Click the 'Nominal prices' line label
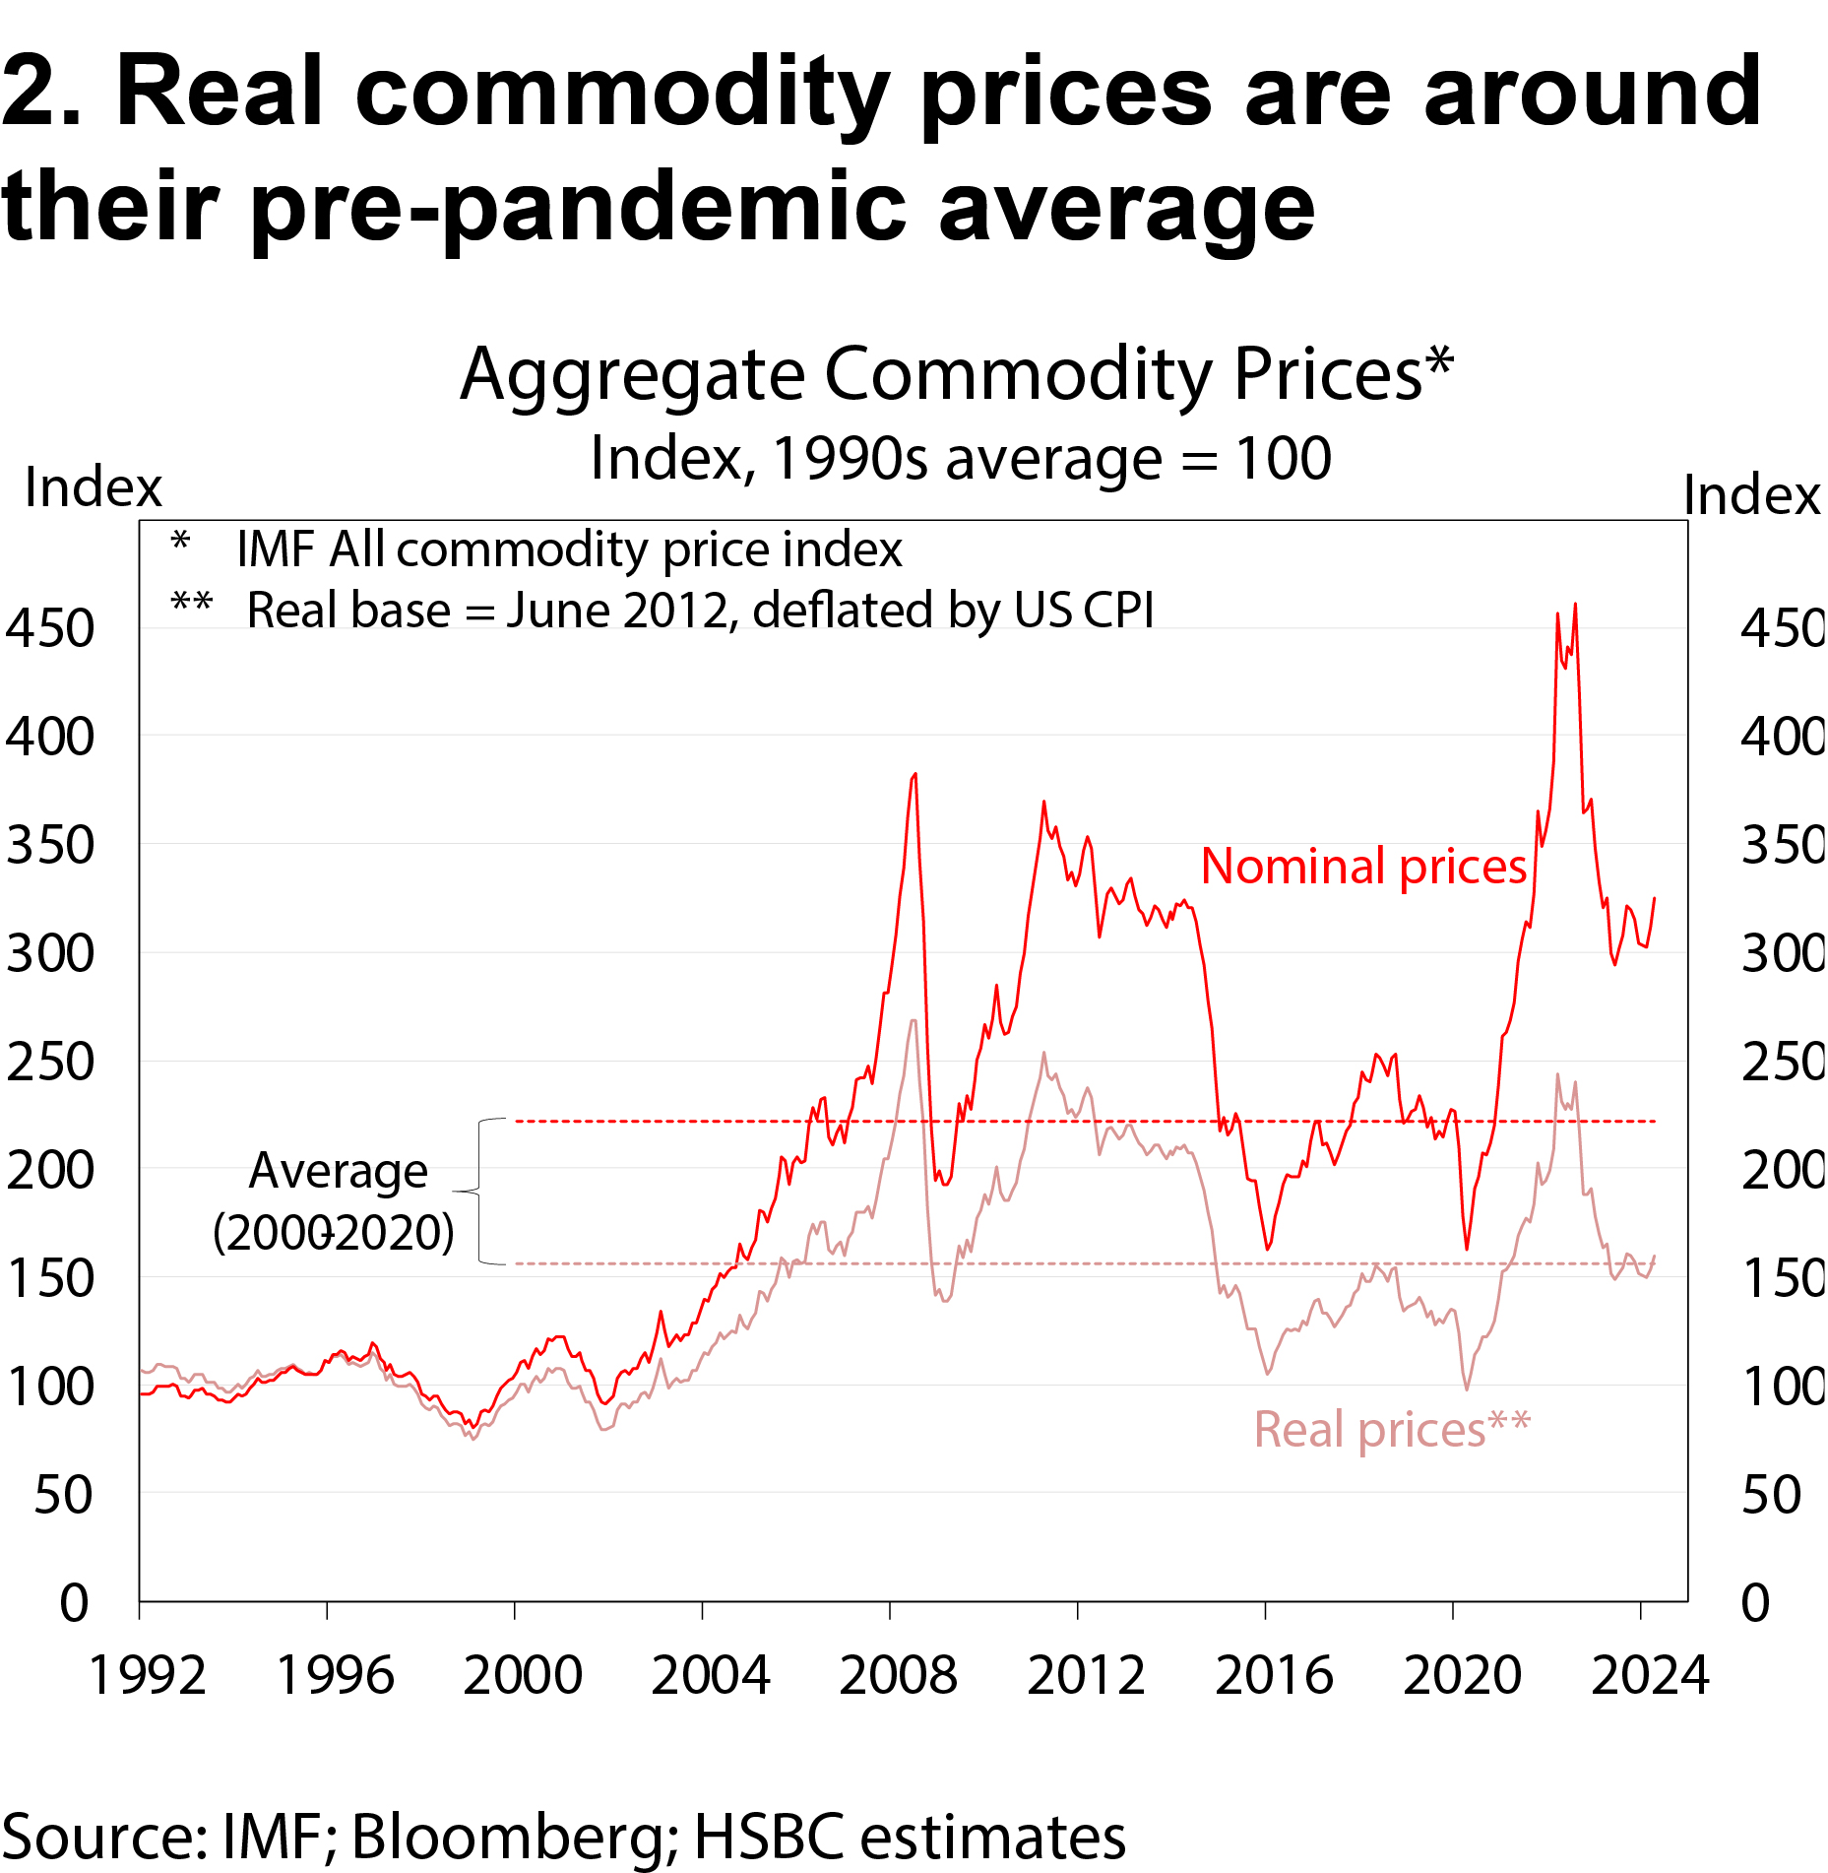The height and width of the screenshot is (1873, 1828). coord(1363,867)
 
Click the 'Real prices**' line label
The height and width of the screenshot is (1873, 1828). coord(1391,1429)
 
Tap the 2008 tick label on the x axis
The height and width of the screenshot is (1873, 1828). coord(898,1675)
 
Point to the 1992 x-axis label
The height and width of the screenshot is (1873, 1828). coord(147,1675)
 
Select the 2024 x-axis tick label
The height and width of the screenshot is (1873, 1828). coord(1650,1675)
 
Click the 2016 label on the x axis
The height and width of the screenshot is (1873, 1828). coord(1274,1675)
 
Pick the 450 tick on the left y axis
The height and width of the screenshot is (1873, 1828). coord(50,628)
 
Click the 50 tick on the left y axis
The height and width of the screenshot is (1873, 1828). coord(63,1495)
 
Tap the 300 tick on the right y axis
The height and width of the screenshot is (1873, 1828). coord(1783,953)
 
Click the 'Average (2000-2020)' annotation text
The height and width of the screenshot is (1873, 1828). coord(335,1201)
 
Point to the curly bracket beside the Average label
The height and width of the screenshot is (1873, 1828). coord(480,1193)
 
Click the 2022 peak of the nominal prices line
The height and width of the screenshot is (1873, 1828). coord(1575,605)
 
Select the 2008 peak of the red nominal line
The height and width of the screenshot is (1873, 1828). coord(915,774)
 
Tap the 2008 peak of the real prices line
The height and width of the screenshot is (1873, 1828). coord(914,1020)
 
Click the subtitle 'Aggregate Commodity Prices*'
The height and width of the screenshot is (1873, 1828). coord(956,375)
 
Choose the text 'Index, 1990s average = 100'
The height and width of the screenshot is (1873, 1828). coord(961,458)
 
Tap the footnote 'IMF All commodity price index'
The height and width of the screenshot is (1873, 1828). coord(569,549)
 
